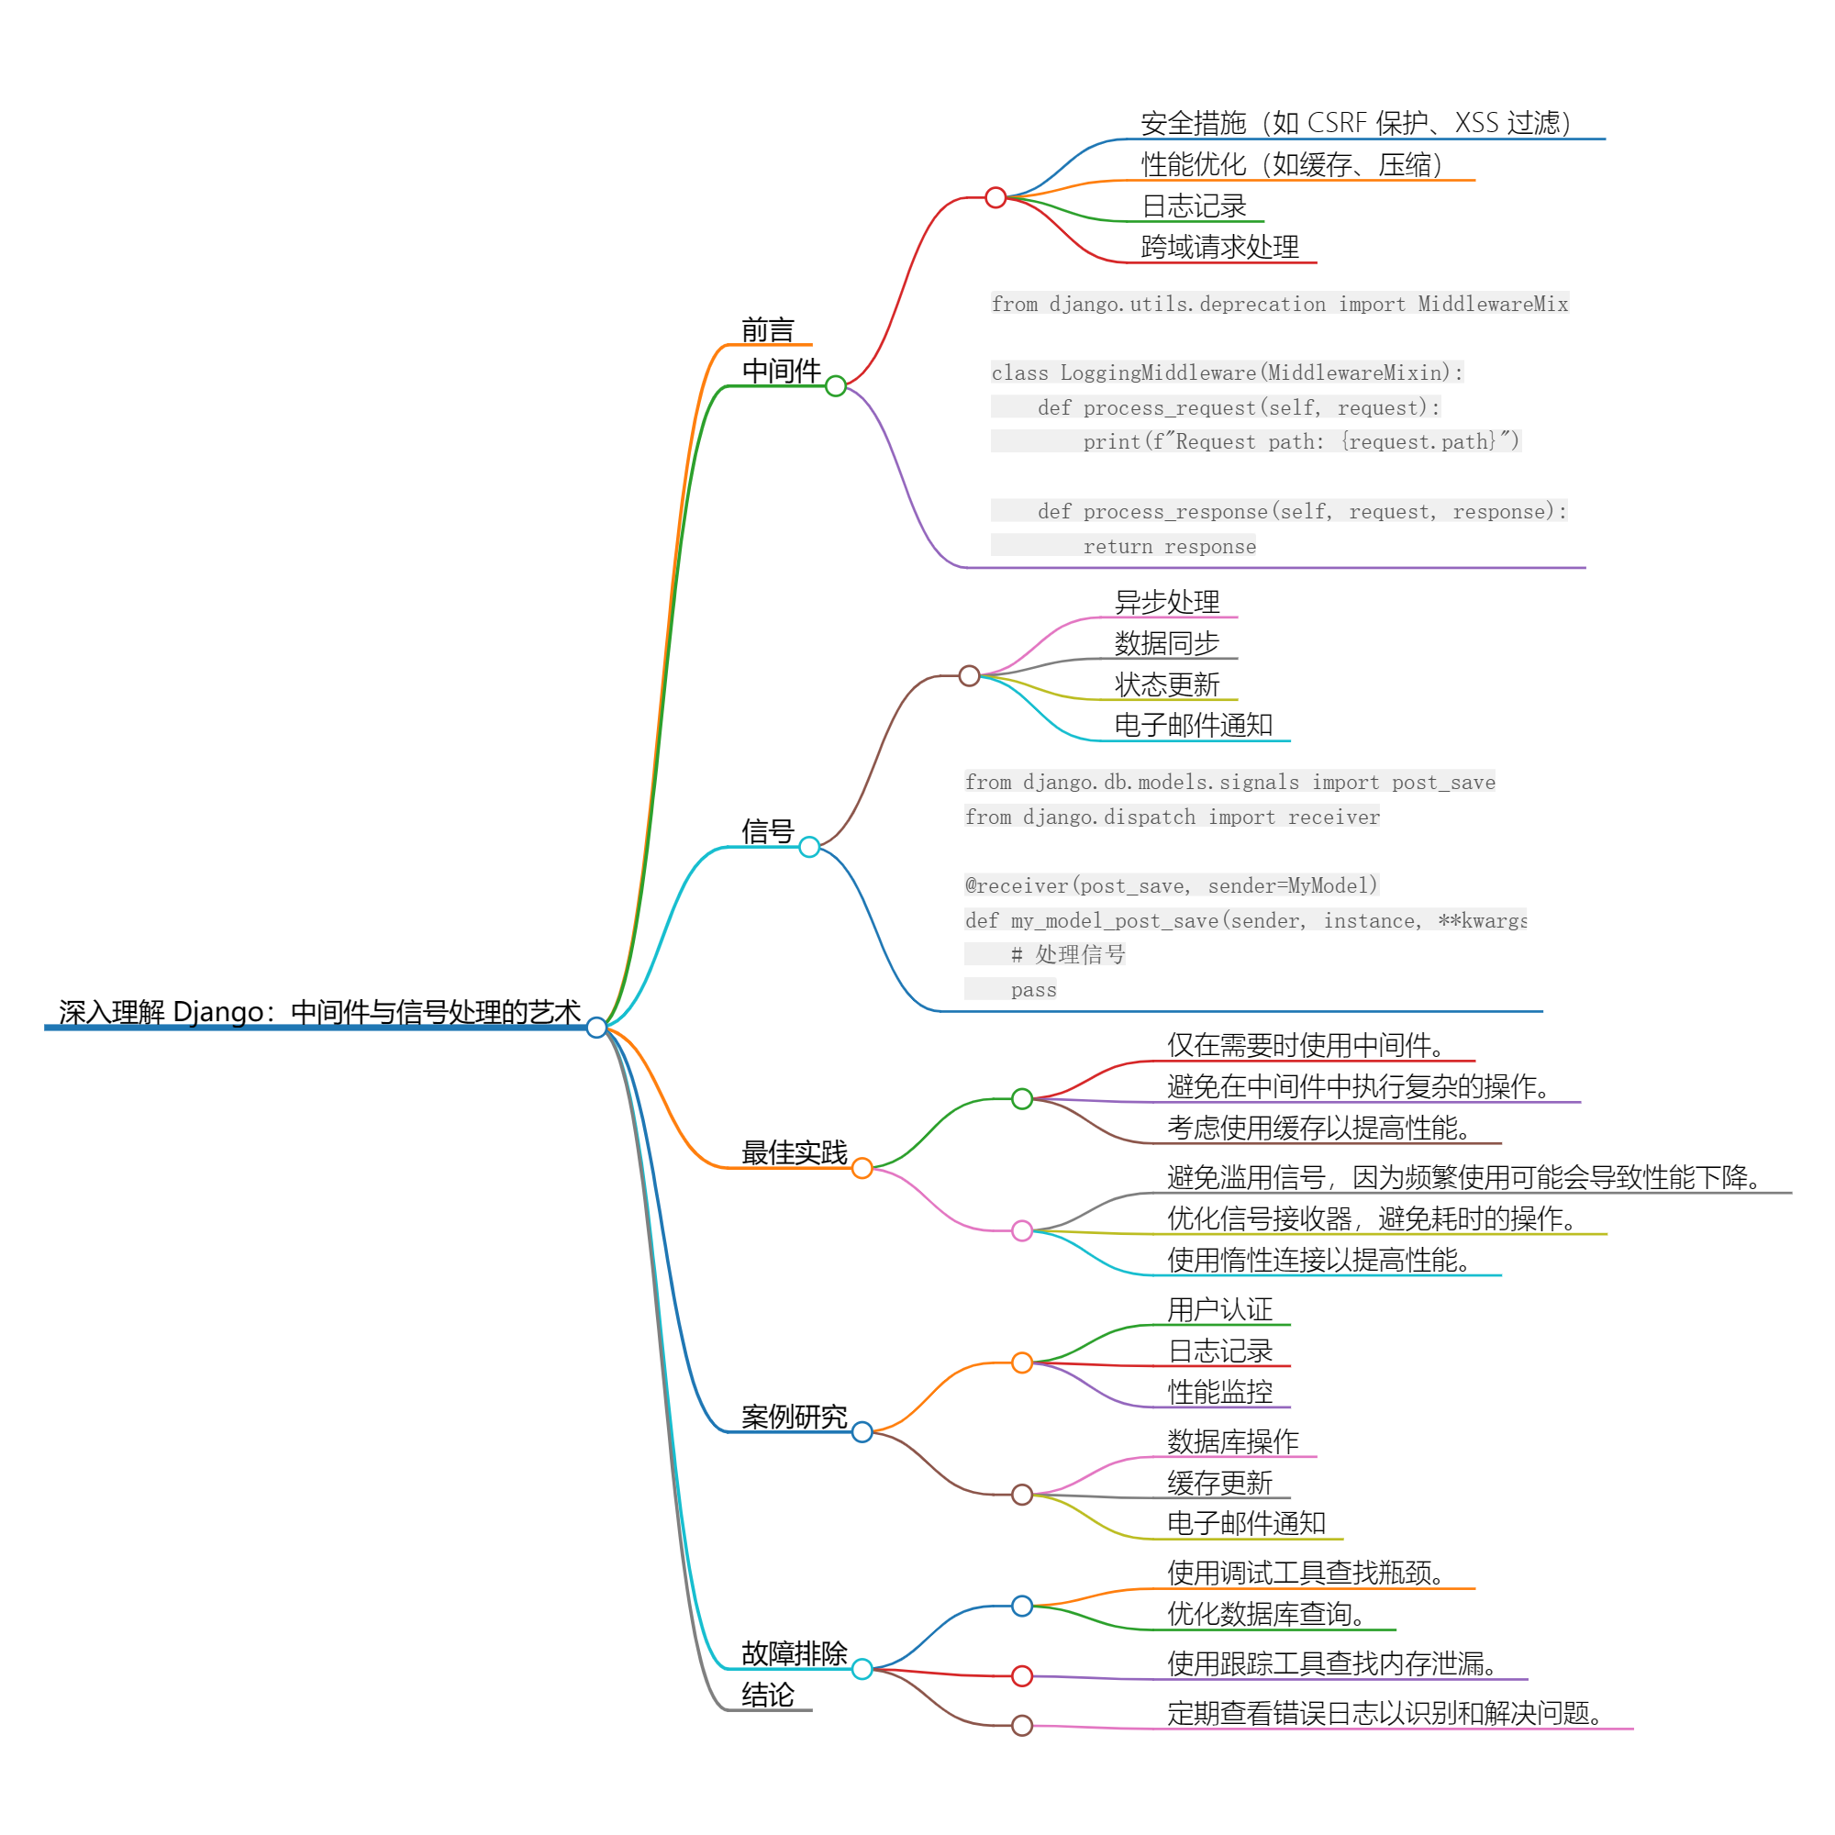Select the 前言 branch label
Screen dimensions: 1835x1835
[767, 329]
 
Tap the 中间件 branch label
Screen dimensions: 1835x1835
[781, 371]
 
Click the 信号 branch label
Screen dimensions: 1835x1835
[767, 831]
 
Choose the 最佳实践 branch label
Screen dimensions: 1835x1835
[794, 1152]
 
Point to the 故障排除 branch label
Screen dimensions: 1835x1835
[794, 1652]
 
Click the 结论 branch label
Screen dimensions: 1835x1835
[767, 1695]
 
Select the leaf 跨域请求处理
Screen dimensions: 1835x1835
[1219, 247]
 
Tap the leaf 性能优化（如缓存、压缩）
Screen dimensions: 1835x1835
[1292, 164]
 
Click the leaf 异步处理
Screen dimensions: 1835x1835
[1166, 601]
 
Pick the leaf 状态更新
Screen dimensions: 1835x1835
[1166, 684]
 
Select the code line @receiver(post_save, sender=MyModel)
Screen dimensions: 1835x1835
[1171, 885]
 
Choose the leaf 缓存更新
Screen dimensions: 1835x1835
[1219, 1482]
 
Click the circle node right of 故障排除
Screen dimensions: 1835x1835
[862, 1669]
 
